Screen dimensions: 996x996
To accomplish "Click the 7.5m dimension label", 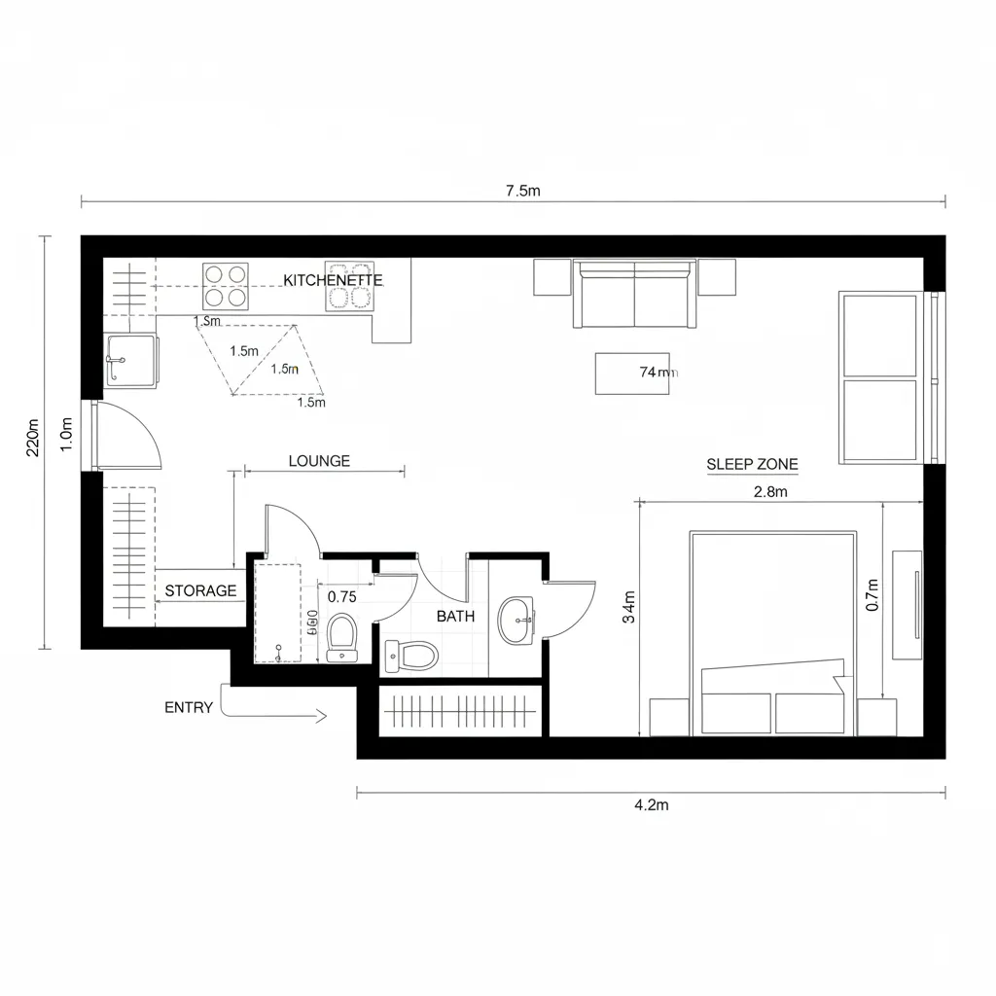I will pyautogui.click(x=522, y=191).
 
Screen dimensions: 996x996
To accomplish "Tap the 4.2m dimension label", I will pyautogui.click(x=651, y=804).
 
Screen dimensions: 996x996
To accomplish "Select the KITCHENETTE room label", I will pyautogui.click(x=333, y=279).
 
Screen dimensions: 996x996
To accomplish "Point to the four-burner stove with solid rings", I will pyautogui.click(x=225, y=285).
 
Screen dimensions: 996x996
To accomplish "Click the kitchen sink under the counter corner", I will pyautogui.click(x=129, y=360).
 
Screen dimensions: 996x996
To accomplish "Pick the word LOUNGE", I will pyautogui.click(x=319, y=461).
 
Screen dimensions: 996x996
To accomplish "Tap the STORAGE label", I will pyautogui.click(x=200, y=590).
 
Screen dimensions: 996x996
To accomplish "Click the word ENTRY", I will pyautogui.click(x=189, y=707).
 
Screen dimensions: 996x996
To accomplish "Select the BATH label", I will pyautogui.click(x=455, y=616).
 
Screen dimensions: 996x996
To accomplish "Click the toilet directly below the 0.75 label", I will pyautogui.click(x=341, y=637).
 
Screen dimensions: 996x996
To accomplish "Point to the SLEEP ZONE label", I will pyautogui.click(x=752, y=464).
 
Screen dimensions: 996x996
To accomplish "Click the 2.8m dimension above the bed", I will pyautogui.click(x=770, y=491).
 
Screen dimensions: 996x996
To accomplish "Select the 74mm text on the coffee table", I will pyautogui.click(x=658, y=372).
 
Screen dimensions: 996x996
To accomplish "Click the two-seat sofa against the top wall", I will pyautogui.click(x=634, y=295).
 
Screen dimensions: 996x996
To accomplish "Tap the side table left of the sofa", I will pyautogui.click(x=551, y=278).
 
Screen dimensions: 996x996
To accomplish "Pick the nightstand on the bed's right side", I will pyautogui.click(x=876, y=718).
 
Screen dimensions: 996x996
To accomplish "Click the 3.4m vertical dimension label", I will pyautogui.click(x=629, y=606).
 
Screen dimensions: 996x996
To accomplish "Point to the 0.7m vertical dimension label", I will pyautogui.click(x=871, y=594).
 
